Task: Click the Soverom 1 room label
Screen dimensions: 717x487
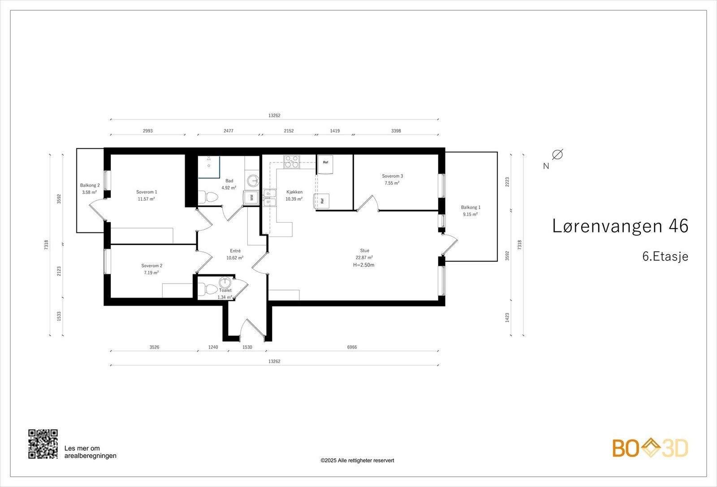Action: click(x=147, y=192)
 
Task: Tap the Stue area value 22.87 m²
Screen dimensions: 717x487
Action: click(x=364, y=258)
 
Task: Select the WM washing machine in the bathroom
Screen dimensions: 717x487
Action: click(x=251, y=197)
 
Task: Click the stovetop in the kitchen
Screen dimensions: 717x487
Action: click(x=292, y=162)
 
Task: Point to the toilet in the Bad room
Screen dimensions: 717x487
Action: click(x=208, y=197)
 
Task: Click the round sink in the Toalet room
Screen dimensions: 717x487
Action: click(x=225, y=282)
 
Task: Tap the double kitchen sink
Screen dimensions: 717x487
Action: click(x=269, y=198)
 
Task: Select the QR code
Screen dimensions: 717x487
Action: click(x=43, y=444)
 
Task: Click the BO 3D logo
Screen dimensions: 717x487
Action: click(x=650, y=448)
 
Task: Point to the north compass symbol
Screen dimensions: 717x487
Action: click(x=557, y=154)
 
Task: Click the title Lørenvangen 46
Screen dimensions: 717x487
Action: click(x=620, y=226)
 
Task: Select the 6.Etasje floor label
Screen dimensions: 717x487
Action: click(x=665, y=256)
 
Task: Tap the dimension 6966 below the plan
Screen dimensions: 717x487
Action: click(x=352, y=347)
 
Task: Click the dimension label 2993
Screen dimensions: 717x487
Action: click(x=147, y=131)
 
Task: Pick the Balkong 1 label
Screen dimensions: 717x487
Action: click(x=471, y=207)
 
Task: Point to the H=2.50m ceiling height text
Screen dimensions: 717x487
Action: click(x=363, y=265)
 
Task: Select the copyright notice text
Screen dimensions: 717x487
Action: click(x=357, y=461)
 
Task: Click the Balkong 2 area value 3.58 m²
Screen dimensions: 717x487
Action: click(x=89, y=193)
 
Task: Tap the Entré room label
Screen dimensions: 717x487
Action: click(x=235, y=251)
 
